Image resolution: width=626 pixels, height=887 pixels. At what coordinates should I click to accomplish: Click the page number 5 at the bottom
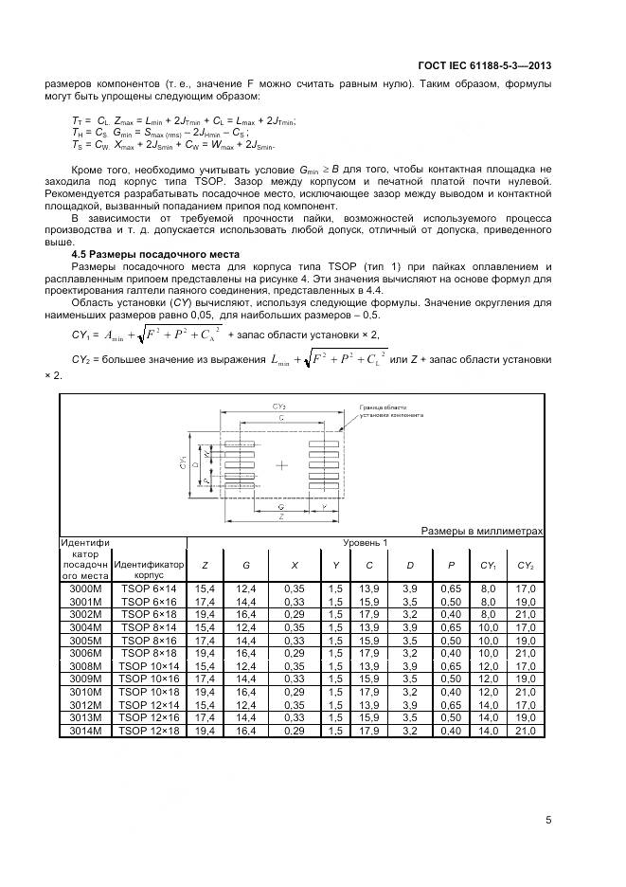tap(548, 821)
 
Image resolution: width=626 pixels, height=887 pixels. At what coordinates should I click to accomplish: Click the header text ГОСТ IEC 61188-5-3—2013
tap(484, 66)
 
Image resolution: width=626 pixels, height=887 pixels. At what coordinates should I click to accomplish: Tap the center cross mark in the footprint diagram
tap(282, 465)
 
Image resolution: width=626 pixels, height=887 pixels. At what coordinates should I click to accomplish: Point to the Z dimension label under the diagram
tap(282, 517)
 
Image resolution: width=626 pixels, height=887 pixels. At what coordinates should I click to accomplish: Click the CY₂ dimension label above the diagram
tap(282, 406)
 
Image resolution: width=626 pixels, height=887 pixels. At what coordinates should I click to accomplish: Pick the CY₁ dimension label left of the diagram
tap(182, 464)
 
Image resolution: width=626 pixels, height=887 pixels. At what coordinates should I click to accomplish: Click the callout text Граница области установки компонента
tap(390, 411)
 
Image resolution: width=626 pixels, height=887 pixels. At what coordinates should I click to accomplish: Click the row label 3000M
tap(85, 589)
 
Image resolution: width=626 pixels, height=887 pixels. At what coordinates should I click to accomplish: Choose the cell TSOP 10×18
tap(149, 692)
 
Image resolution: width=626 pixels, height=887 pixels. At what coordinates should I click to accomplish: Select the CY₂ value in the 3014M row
tap(526, 731)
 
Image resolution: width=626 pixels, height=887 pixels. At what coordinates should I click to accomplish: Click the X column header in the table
tap(295, 566)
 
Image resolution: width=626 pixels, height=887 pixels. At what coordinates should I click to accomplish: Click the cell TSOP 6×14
tap(149, 589)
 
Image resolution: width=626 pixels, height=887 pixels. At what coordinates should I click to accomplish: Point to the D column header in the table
tap(410, 566)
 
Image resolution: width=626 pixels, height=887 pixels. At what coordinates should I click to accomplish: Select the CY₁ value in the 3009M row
tap(488, 679)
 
